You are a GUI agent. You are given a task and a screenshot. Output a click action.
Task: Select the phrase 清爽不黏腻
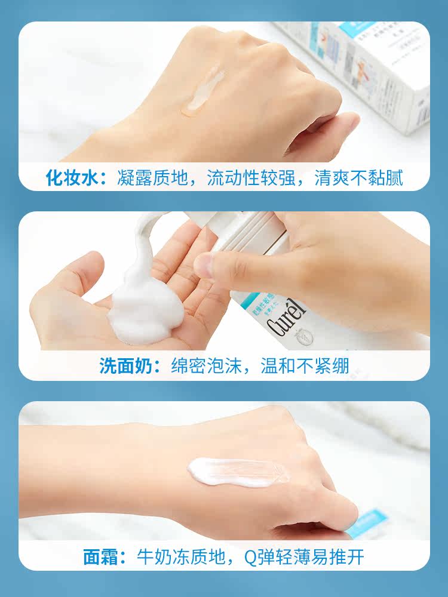358,177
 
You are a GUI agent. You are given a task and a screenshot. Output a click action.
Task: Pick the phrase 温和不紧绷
305,366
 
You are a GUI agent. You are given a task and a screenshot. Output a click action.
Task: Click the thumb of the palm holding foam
69,275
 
